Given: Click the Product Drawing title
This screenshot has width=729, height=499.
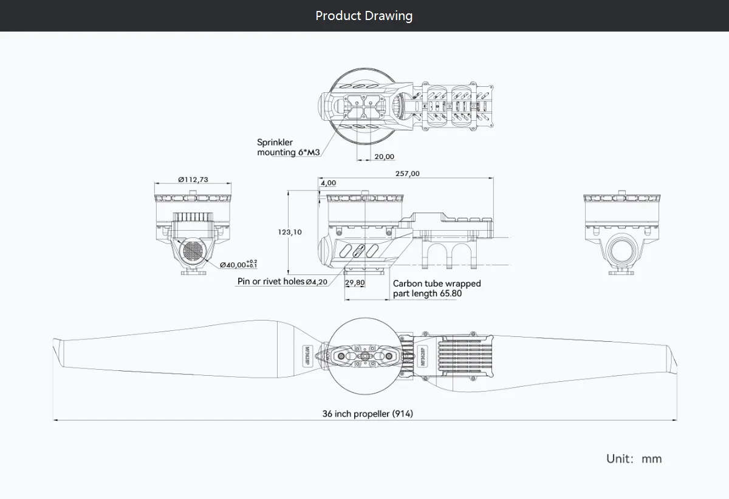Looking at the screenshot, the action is click(364, 16).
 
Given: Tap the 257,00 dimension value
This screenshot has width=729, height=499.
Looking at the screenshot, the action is click(407, 174).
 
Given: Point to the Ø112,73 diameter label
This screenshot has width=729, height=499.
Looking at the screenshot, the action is click(193, 179).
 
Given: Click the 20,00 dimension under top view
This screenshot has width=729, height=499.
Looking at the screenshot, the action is click(384, 157).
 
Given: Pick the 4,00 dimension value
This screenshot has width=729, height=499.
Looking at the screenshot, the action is click(328, 183).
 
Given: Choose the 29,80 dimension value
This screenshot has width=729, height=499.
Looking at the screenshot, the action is click(355, 283).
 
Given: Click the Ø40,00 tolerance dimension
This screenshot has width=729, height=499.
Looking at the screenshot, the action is click(238, 264).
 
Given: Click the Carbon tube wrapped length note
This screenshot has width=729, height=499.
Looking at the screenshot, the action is click(436, 288).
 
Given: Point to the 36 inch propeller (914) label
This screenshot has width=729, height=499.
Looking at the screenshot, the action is click(368, 414).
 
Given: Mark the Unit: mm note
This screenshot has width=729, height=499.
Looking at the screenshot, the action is click(634, 458).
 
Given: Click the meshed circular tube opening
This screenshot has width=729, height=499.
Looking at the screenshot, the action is click(193, 251).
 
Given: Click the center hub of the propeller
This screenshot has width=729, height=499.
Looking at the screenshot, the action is click(365, 356).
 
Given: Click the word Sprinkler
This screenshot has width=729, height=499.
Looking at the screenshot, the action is click(275, 143).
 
